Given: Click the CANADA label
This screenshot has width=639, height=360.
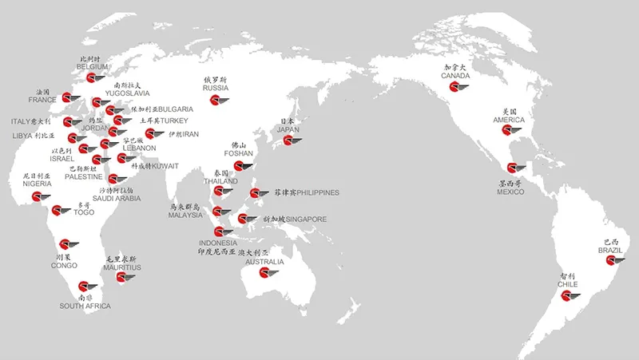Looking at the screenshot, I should pyautogui.click(x=455, y=76).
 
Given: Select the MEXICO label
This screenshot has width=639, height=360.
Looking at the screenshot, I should pyautogui.click(x=510, y=192).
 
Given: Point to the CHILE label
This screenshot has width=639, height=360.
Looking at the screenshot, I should pyautogui.click(x=568, y=283).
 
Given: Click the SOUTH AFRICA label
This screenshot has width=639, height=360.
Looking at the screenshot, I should pyautogui.click(x=85, y=306).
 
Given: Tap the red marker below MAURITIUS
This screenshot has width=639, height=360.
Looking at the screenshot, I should pyautogui.click(x=120, y=278).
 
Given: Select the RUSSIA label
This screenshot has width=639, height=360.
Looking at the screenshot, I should pyautogui.click(x=216, y=88).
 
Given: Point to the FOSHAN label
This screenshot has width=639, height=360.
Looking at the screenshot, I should pyautogui.click(x=239, y=153).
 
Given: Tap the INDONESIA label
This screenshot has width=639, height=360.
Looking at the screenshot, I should pyautogui.click(x=218, y=243).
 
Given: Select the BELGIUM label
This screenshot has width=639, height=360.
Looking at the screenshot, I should pyautogui.click(x=93, y=66).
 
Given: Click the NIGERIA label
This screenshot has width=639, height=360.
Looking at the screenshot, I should pyautogui.click(x=37, y=184).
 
